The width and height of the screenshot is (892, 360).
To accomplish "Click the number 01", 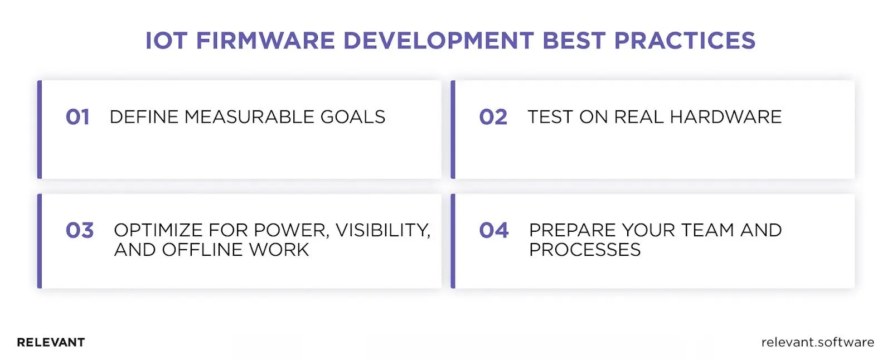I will click(x=77, y=117).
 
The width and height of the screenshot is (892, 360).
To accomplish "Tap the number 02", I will click(x=493, y=117).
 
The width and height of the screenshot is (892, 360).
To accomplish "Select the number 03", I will click(x=79, y=231).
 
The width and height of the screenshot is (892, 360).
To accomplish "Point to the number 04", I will click(x=493, y=231).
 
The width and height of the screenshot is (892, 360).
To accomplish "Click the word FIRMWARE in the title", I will click(x=265, y=41).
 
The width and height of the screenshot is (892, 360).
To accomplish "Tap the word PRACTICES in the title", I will click(x=685, y=41).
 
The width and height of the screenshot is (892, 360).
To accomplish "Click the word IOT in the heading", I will click(x=166, y=41).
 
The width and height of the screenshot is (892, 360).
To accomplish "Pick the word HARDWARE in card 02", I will click(x=725, y=117).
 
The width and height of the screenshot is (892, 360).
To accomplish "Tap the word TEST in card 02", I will click(x=550, y=117).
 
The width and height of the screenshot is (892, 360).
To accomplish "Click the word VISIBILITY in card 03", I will click(x=382, y=230).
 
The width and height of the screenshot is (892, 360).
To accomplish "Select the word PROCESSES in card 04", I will click(x=585, y=250).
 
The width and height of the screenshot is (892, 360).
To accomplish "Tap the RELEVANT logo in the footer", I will click(x=51, y=342).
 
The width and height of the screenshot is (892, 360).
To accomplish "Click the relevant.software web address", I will click(x=817, y=342).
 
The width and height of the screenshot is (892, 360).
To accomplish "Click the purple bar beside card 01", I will click(x=40, y=129).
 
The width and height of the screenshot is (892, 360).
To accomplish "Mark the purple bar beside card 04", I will click(x=453, y=241).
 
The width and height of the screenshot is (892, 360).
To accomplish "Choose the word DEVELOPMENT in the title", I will click(x=438, y=41).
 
